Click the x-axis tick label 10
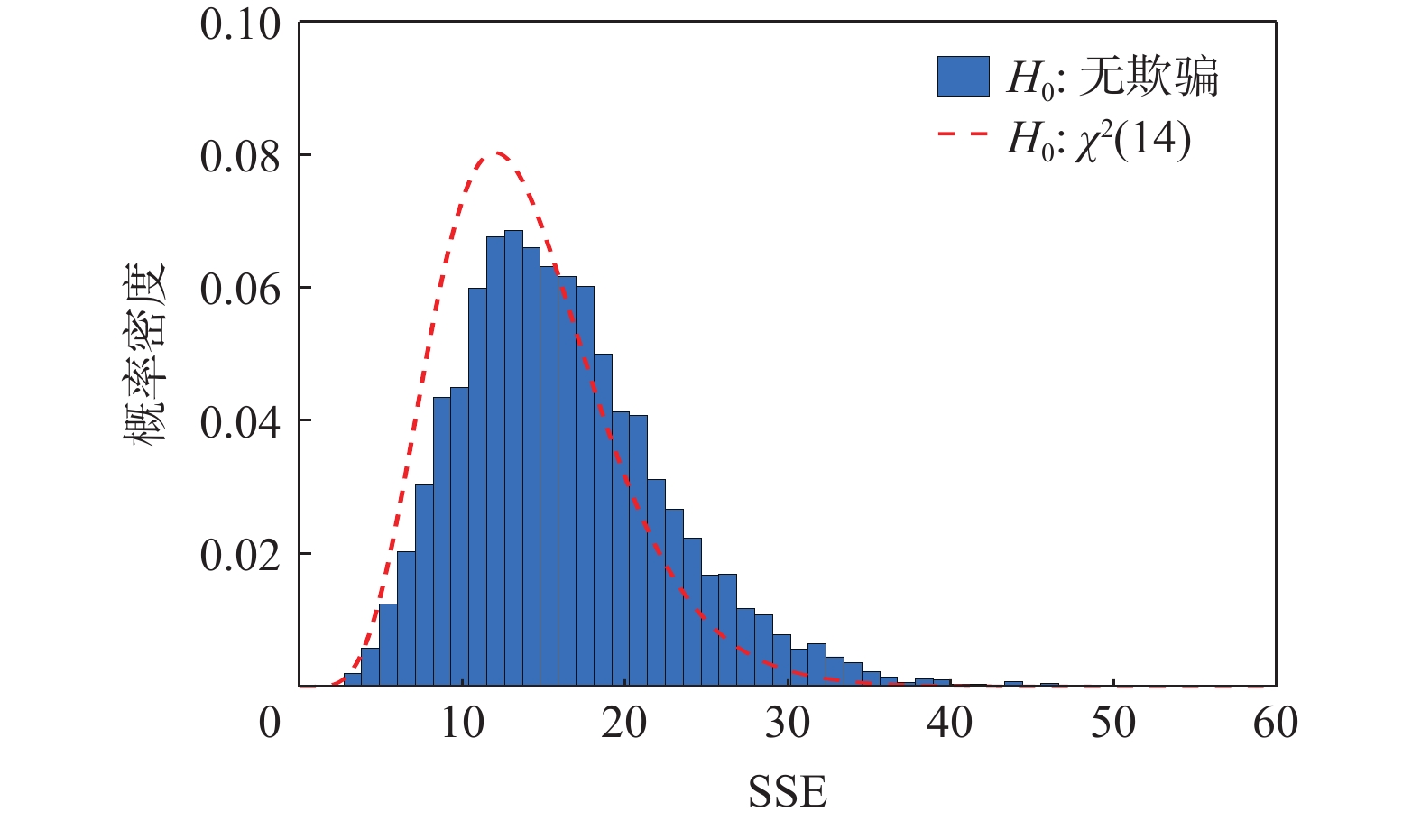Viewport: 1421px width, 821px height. click(462, 724)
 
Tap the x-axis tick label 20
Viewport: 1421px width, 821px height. click(624, 724)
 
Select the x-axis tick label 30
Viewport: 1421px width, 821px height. click(788, 724)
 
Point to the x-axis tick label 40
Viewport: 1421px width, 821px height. click(950, 724)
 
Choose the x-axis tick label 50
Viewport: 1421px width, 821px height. click(1113, 724)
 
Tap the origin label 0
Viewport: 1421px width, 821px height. click(270, 724)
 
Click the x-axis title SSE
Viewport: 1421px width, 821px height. click(787, 792)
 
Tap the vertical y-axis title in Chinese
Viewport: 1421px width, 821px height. click(144, 355)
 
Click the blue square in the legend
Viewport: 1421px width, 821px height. click(964, 76)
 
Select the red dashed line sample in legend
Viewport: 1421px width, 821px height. click(964, 135)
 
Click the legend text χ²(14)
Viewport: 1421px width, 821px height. click(1132, 141)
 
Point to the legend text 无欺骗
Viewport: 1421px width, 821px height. click(1149, 77)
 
